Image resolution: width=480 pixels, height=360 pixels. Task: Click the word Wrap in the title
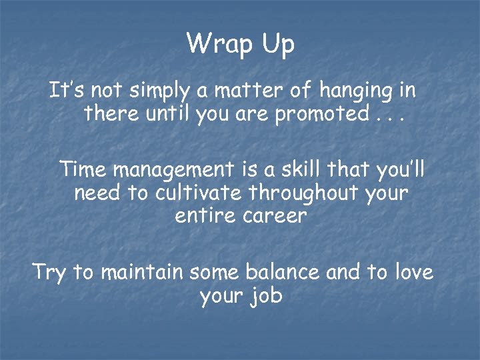click(x=215, y=44)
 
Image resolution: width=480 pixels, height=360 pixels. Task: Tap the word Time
click(x=83, y=169)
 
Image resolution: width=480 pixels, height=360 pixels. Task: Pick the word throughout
click(x=301, y=194)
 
